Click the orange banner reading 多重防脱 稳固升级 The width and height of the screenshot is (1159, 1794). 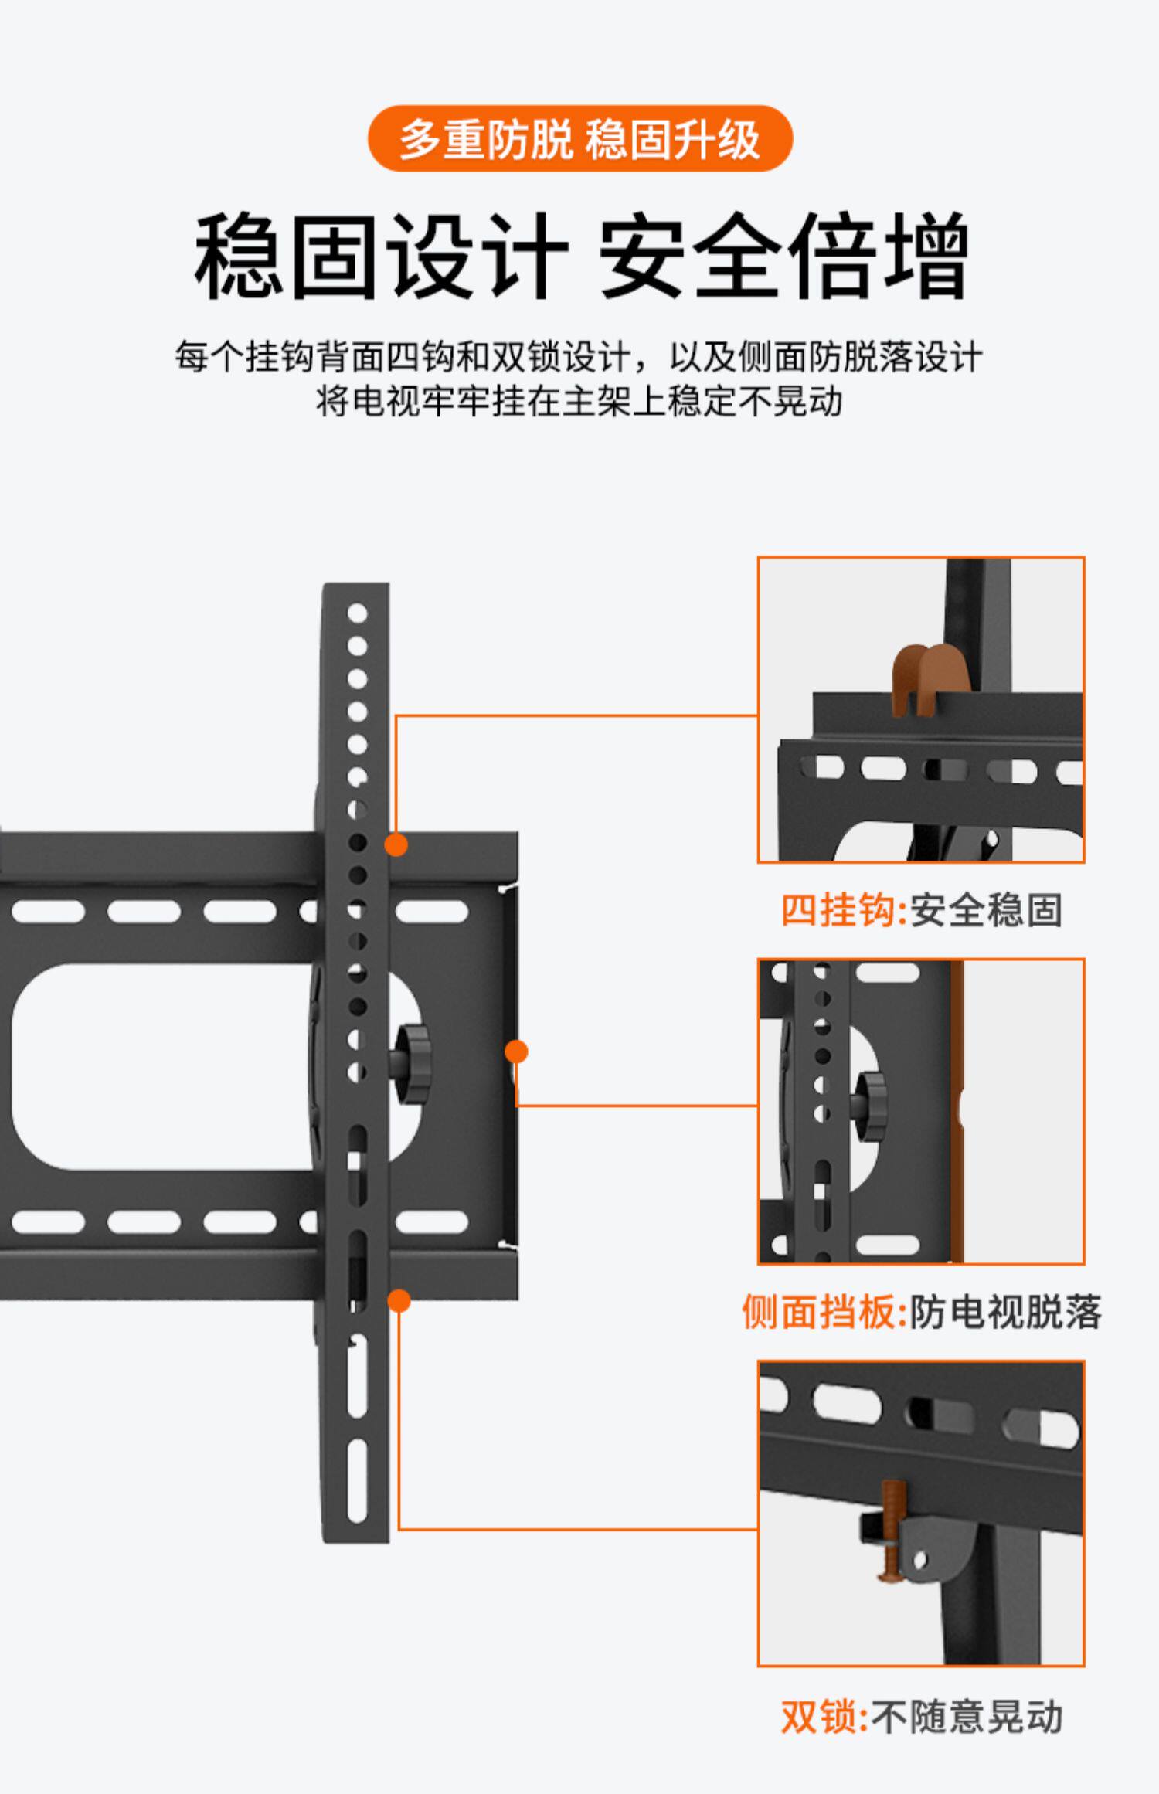tap(579, 139)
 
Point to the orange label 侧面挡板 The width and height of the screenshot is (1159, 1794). tap(822, 1311)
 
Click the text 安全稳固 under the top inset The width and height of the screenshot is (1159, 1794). tap(986, 909)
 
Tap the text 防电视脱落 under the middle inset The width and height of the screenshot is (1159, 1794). tap(1004, 1311)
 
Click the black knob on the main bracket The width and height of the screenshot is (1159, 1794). tap(412, 1064)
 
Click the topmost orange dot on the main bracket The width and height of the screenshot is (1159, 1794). tap(396, 844)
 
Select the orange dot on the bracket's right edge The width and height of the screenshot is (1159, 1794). tap(516, 1052)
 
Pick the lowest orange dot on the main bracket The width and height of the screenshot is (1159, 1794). tap(399, 1301)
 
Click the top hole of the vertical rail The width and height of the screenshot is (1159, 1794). tap(357, 613)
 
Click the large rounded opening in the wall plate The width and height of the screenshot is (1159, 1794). tap(162, 1066)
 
